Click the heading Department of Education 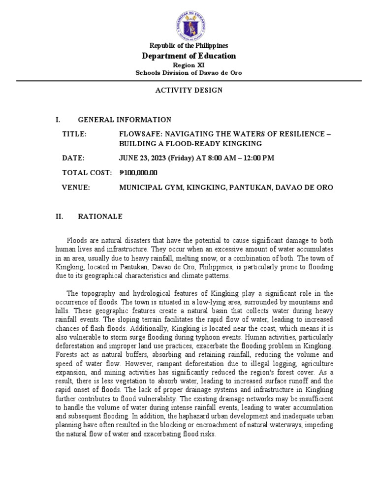[189, 56]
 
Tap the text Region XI [189, 65]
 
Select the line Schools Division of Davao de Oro [189, 73]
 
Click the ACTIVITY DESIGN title [189, 91]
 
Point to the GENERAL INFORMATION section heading [125, 120]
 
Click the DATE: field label [73, 158]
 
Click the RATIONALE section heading [100, 217]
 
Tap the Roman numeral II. [60, 217]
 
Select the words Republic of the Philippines [189, 46]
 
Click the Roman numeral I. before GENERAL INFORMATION [59, 120]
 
